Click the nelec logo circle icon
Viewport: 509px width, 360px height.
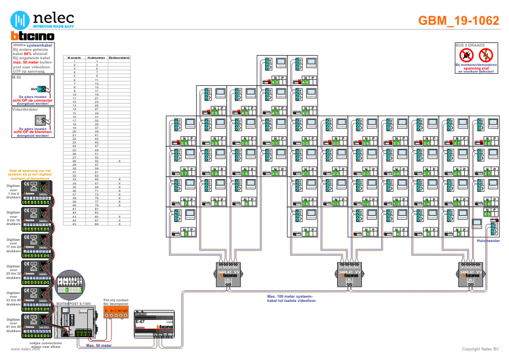22,19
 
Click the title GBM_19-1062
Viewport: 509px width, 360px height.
459,21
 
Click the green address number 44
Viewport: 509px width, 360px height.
305,82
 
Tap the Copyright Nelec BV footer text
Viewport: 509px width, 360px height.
480,349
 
